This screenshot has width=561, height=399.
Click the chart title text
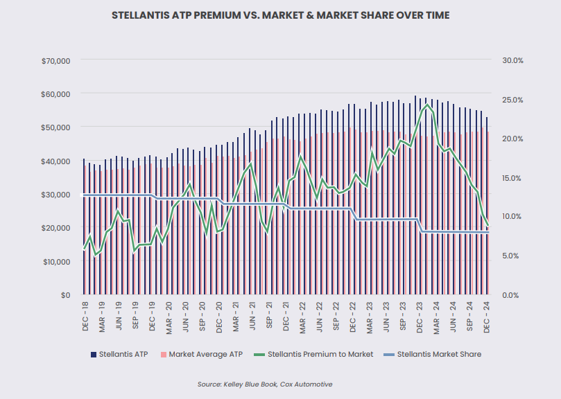[x=280, y=15]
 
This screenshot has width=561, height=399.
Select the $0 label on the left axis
[x=65, y=295]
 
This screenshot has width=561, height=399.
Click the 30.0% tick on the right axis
[x=512, y=61]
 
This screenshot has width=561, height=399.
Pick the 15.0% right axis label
[x=512, y=178]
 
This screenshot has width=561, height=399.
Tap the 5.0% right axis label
[x=512, y=256]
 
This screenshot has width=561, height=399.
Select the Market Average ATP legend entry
[x=202, y=354]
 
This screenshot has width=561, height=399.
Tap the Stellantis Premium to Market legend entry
[x=316, y=354]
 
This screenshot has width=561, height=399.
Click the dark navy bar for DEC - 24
[x=486, y=208]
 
